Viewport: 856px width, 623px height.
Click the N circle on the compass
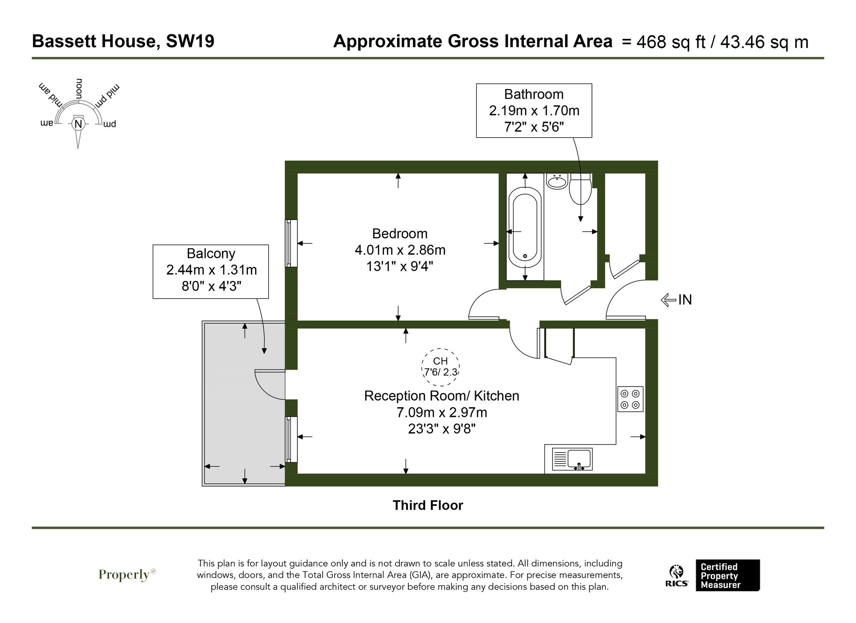pyautogui.click(x=78, y=124)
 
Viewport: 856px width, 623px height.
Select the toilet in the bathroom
pyautogui.click(x=580, y=191)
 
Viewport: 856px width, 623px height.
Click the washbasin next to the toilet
pyautogui.click(x=557, y=181)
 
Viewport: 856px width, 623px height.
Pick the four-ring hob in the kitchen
pyautogui.click(x=630, y=399)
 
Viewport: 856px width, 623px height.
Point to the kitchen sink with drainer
pyautogui.click(x=572, y=459)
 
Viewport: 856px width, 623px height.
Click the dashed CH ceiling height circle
pyautogui.click(x=441, y=367)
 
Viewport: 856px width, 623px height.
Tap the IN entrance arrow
pyautogui.click(x=677, y=300)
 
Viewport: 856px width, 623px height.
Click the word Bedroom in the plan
pyautogui.click(x=400, y=233)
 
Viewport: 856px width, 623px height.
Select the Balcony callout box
pyautogui.click(x=211, y=271)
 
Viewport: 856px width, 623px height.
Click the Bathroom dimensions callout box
pyautogui.click(x=534, y=110)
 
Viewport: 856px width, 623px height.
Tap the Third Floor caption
pyautogui.click(x=428, y=505)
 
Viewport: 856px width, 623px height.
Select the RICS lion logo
pyautogui.click(x=677, y=576)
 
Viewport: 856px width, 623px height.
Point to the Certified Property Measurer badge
pyautogui.click(x=727, y=576)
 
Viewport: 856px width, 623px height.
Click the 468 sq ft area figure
pyautogui.click(x=670, y=42)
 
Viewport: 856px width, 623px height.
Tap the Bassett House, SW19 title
pyautogui.click(x=123, y=41)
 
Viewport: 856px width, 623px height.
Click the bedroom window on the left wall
pyautogui.click(x=291, y=243)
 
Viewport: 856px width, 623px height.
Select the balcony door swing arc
pyautogui.click(x=268, y=384)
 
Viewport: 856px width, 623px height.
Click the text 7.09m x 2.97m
pyautogui.click(x=441, y=412)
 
